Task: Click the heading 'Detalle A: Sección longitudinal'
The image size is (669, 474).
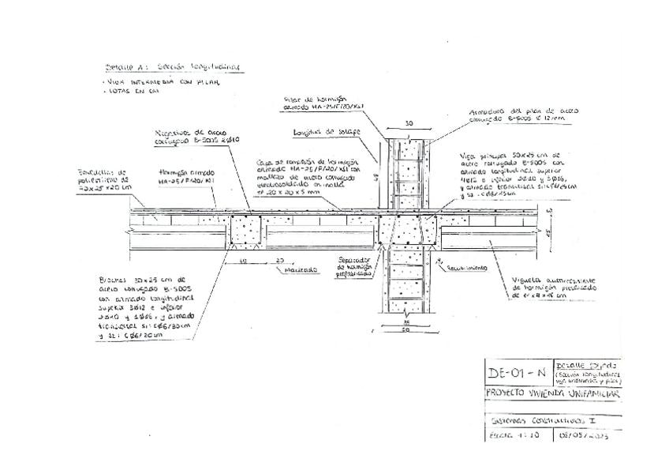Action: (x=172, y=68)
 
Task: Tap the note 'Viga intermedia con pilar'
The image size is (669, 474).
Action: (x=162, y=81)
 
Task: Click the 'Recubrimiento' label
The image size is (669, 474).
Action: (x=465, y=268)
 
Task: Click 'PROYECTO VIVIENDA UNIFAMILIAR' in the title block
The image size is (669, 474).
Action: (x=553, y=393)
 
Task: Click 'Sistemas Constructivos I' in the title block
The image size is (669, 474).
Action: (x=536, y=419)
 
